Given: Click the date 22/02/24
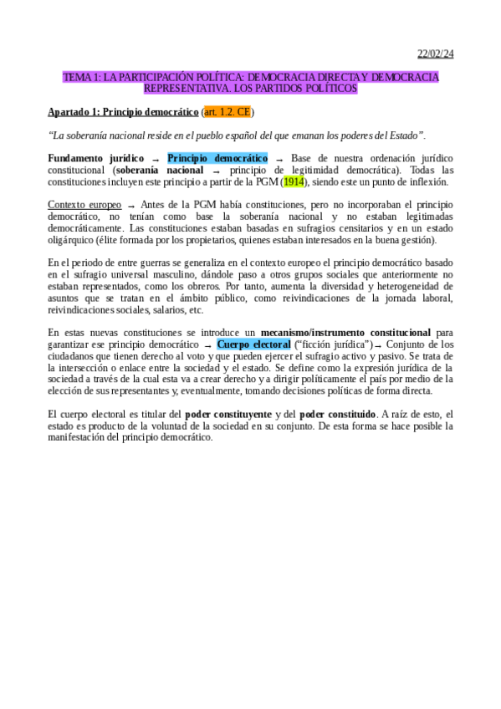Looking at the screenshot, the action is coord(435,55).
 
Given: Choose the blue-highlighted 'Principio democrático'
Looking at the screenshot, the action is coord(217,158).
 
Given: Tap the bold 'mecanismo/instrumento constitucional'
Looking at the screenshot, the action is coord(346,333).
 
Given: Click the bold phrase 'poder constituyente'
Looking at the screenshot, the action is coord(227,415).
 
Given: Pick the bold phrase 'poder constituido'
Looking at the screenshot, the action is coord(337,415).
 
